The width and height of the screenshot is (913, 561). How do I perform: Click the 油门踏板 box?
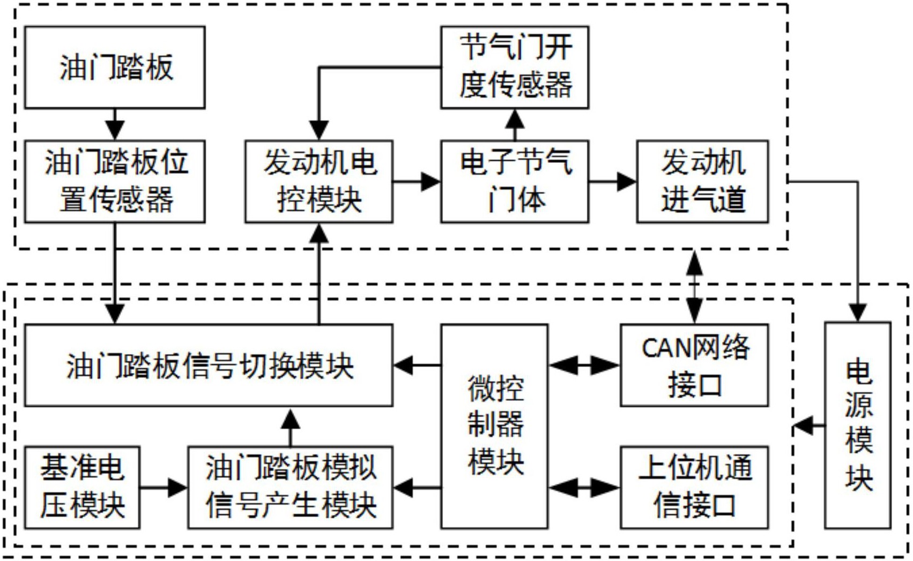(x=115, y=68)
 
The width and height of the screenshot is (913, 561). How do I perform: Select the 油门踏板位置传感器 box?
(x=115, y=181)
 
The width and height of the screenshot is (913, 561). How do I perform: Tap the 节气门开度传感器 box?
(x=515, y=68)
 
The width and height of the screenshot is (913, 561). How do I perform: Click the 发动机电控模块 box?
(x=319, y=181)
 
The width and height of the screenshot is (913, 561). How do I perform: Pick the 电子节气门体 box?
(x=515, y=181)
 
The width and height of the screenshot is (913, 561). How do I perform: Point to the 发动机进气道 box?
(x=702, y=181)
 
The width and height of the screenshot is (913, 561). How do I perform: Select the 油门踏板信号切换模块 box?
(x=209, y=365)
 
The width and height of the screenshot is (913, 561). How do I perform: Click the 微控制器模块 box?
(x=494, y=426)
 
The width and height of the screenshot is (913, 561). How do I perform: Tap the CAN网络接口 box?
(x=694, y=365)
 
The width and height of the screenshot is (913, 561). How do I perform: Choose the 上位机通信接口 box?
(x=694, y=487)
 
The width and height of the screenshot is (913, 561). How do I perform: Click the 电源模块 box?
(x=858, y=426)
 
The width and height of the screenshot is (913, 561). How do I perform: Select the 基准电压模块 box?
(x=82, y=487)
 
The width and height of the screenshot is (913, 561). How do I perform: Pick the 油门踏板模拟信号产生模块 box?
(x=291, y=487)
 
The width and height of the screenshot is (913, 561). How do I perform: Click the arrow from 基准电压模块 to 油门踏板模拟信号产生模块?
(x=164, y=488)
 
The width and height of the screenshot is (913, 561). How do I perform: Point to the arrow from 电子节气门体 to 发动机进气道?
(x=612, y=182)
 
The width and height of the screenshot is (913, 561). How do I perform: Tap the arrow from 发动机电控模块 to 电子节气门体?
(x=417, y=182)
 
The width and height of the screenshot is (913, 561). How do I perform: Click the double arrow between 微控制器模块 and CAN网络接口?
(x=584, y=366)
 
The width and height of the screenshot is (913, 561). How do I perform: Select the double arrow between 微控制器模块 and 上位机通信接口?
(x=584, y=488)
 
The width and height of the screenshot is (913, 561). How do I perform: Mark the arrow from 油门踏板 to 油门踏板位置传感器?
(x=115, y=124)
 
